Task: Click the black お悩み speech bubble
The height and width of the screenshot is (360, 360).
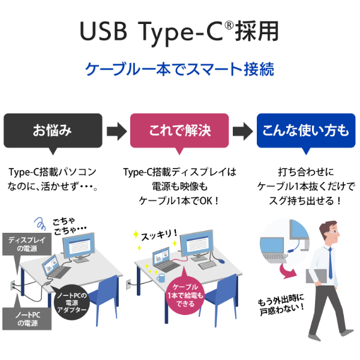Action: (52, 130)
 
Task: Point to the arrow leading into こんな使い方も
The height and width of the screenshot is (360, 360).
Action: (242, 130)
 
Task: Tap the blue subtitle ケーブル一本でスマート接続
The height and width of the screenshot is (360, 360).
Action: (180, 68)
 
